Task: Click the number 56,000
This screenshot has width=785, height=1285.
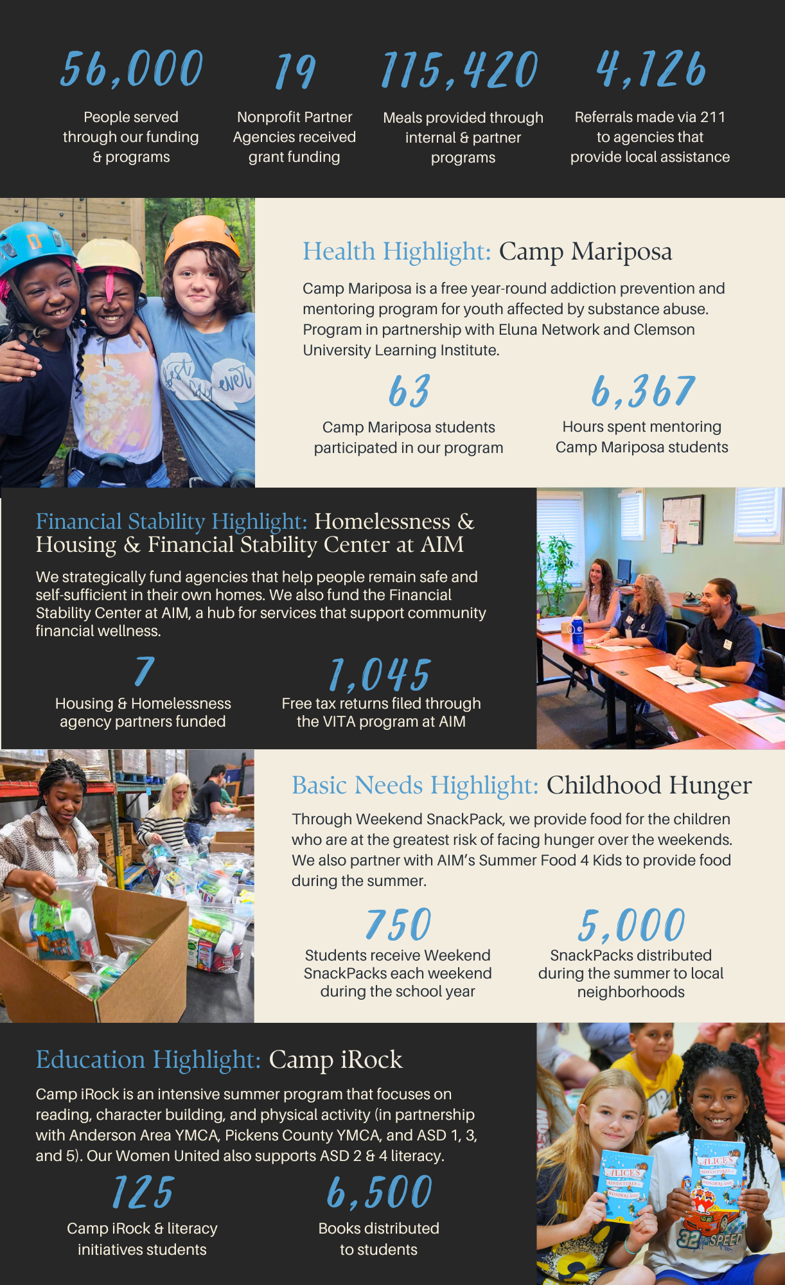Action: (x=132, y=69)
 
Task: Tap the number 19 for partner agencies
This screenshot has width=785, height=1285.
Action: (x=295, y=71)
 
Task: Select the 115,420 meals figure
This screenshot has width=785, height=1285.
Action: (x=460, y=71)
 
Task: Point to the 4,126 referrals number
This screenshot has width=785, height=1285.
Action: (x=651, y=69)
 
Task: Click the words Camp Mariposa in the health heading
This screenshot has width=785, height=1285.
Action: (x=585, y=251)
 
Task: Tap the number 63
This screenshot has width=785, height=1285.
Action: (x=409, y=391)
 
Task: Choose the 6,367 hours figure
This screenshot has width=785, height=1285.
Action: (x=643, y=391)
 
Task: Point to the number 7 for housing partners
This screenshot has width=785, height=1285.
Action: (x=144, y=671)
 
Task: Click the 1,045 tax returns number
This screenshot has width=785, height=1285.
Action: (x=380, y=675)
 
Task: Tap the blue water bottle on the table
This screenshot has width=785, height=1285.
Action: (x=578, y=630)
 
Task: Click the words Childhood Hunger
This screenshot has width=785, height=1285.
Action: (x=649, y=785)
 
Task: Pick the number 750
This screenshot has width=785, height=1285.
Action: (x=398, y=925)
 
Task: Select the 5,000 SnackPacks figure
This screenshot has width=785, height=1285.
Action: (x=631, y=925)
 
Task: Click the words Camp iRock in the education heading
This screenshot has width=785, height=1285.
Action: (x=335, y=1059)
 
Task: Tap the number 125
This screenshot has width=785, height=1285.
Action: (x=143, y=1192)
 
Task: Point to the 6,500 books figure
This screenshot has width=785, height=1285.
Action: (x=380, y=1192)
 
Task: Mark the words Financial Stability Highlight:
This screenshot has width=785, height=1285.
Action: (x=172, y=521)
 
